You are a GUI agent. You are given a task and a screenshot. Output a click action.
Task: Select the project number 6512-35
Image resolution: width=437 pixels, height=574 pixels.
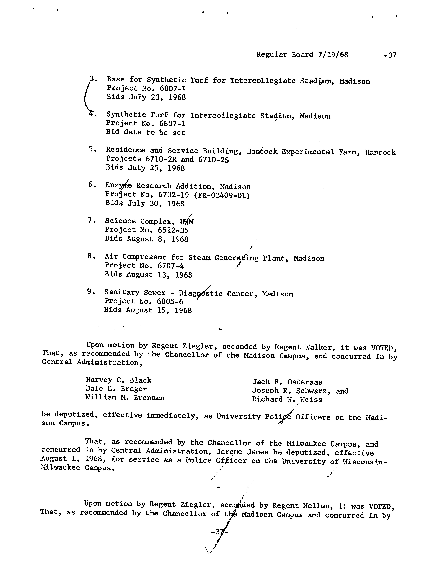[x=173, y=230]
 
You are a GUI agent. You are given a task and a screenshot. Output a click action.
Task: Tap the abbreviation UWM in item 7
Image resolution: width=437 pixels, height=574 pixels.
[x=187, y=222]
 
